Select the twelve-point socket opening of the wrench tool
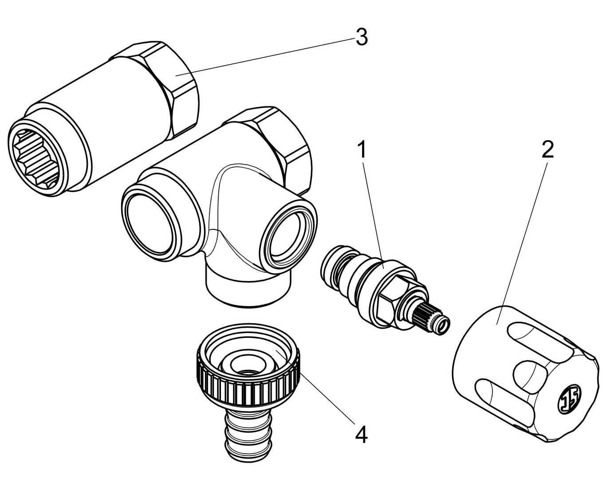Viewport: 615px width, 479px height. (34, 156)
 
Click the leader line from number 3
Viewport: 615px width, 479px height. (266, 57)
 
